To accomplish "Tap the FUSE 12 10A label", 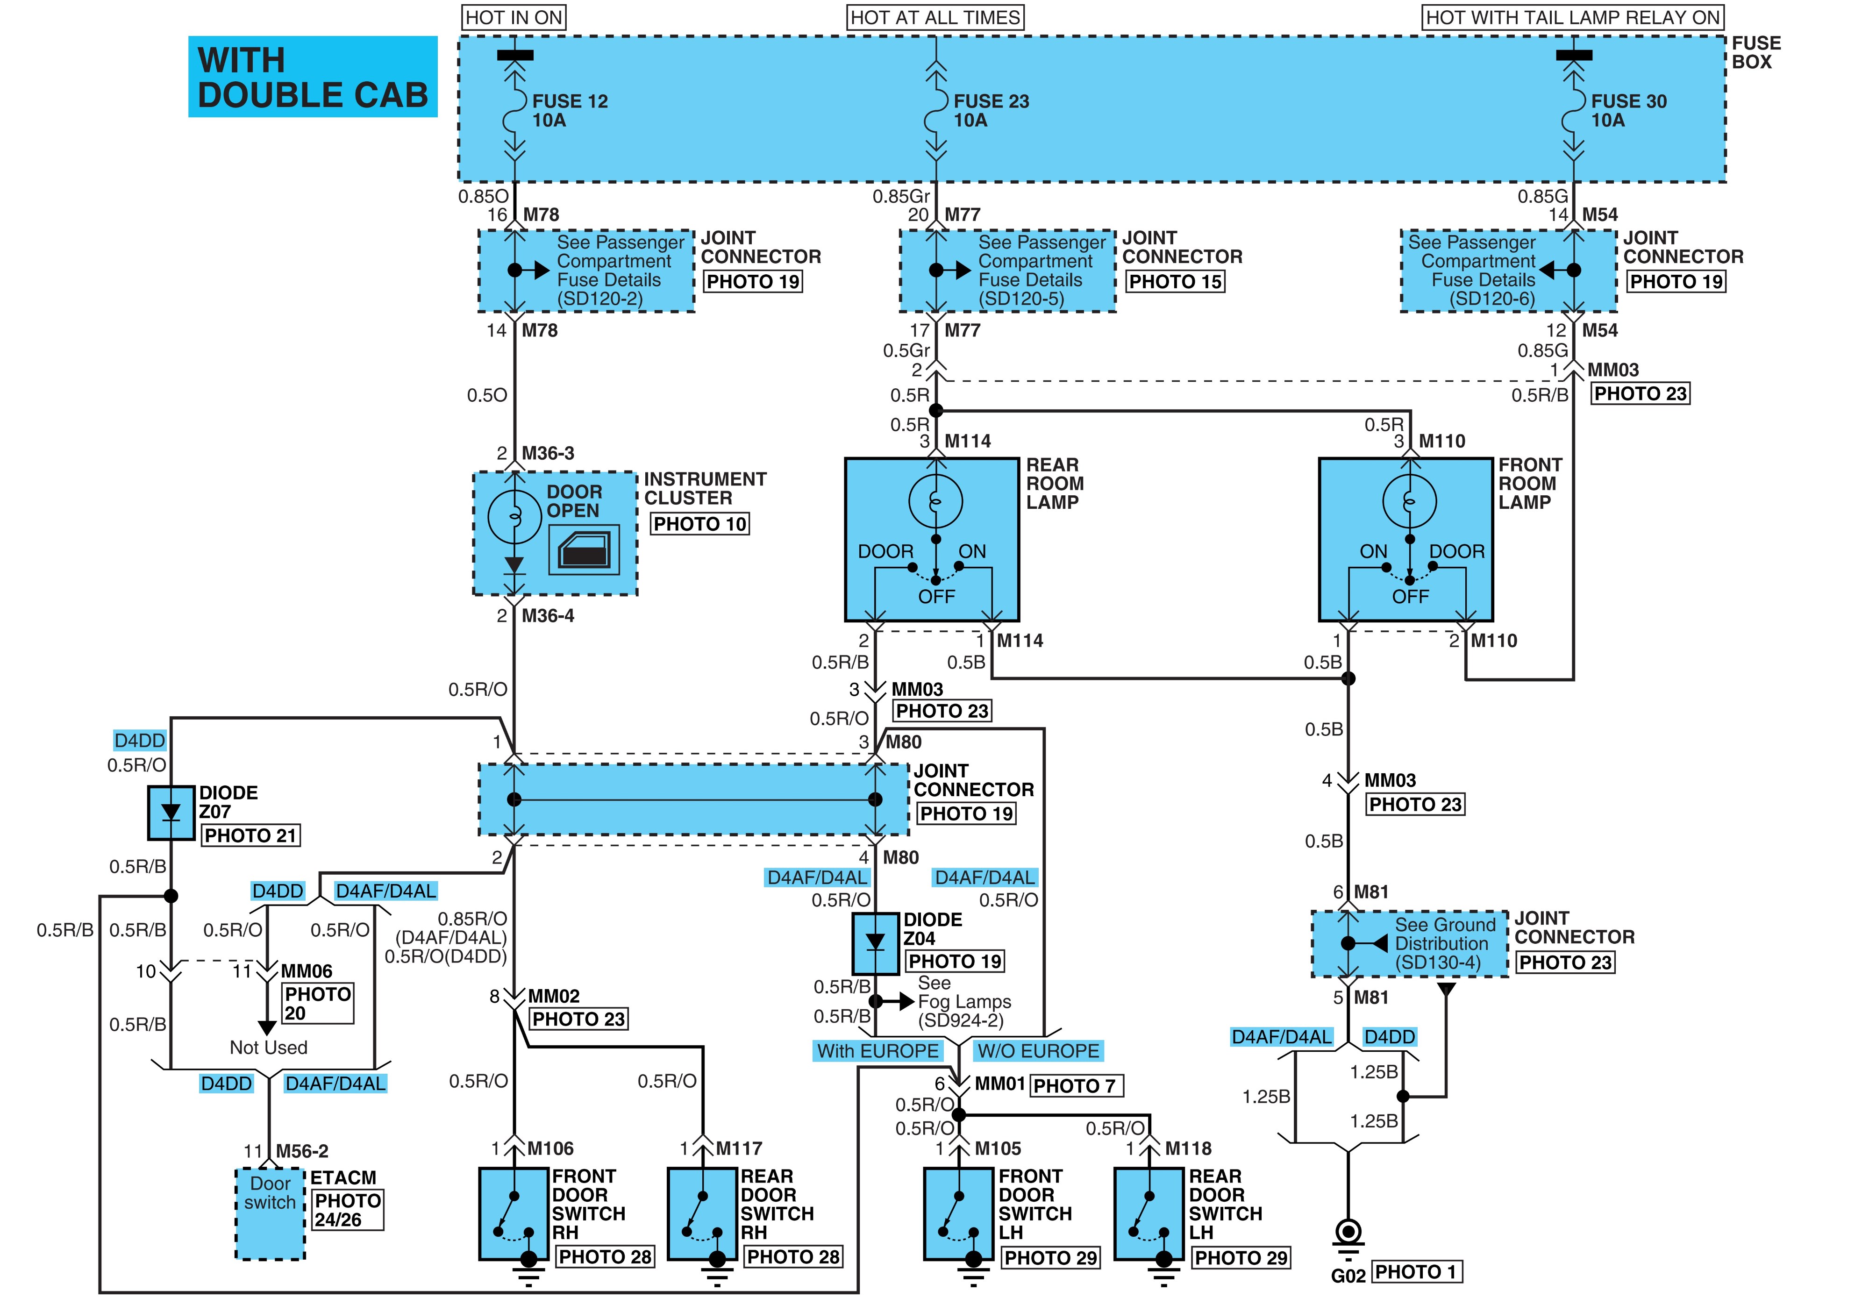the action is tap(570, 111).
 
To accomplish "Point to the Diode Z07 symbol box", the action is tap(171, 813).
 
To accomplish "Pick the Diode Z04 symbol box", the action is tap(875, 943).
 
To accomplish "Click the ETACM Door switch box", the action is tap(270, 1213).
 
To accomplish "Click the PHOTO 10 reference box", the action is tap(699, 524).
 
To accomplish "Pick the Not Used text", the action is tap(268, 1048).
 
